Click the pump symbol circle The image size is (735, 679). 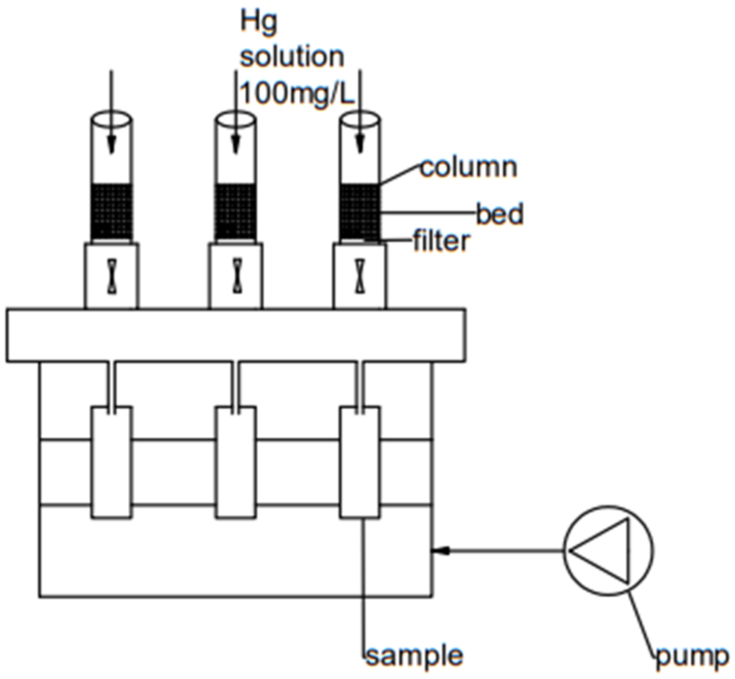(608, 550)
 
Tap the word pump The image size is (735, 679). (691, 656)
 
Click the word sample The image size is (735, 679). (414, 656)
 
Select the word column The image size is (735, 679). (468, 168)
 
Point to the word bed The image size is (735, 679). (500, 214)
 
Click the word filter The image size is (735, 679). (441, 241)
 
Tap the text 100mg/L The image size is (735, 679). (297, 93)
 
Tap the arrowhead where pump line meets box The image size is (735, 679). (441, 550)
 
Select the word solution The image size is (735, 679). (292, 56)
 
